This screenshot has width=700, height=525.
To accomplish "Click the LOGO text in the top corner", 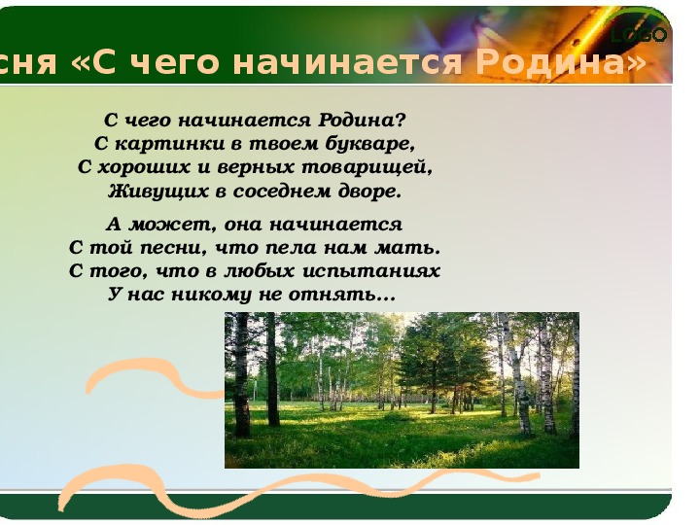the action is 639,35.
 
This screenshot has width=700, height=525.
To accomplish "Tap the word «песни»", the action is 174,249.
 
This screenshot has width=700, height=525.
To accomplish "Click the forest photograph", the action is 402,391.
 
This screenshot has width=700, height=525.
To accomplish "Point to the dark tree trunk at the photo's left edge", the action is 241,375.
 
